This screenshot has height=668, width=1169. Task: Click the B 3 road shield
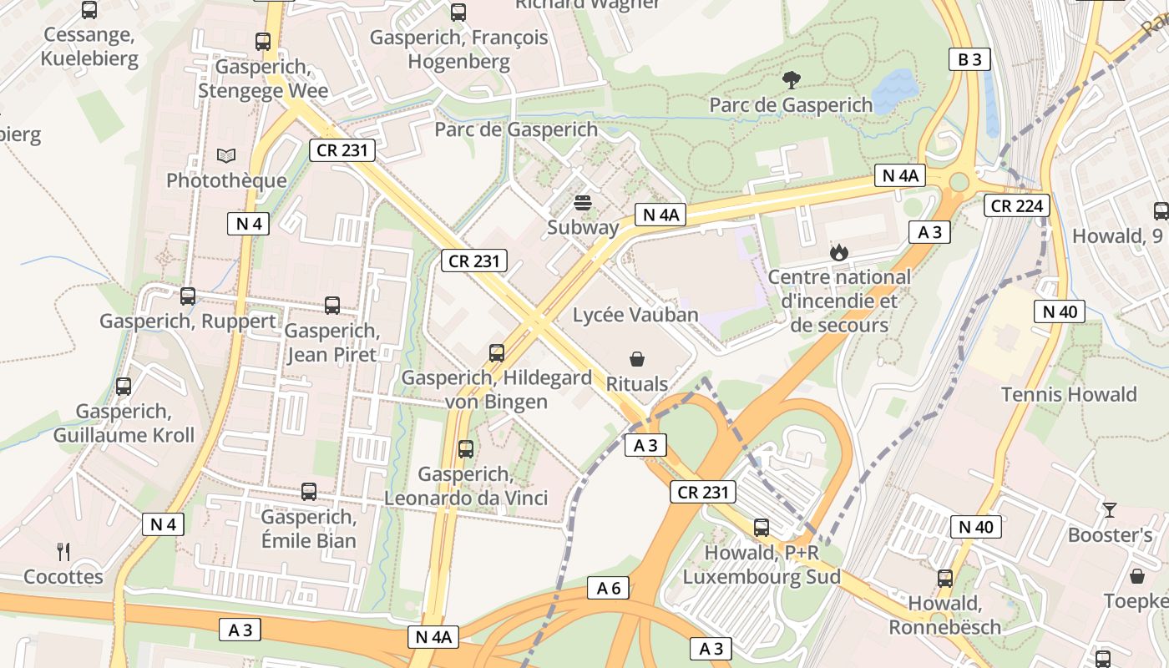(969, 59)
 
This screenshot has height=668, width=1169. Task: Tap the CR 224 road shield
(1015, 205)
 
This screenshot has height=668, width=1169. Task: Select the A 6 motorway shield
(608, 588)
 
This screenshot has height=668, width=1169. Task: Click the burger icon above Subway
(583, 202)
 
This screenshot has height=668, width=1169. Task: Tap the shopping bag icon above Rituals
(637, 359)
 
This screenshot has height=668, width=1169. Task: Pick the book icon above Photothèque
(225, 155)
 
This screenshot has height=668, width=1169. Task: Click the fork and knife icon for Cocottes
(63, 551)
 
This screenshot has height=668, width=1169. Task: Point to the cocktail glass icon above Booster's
(1110, 509)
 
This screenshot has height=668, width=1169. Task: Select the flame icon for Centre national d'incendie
(838, 251)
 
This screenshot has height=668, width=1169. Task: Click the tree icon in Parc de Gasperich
(791, 80)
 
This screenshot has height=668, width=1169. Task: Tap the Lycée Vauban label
(635, 315)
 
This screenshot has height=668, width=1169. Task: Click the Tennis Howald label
(1069, 394)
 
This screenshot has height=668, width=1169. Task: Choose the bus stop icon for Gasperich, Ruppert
(188, 296)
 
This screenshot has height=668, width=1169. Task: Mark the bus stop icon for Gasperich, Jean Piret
(332, 306)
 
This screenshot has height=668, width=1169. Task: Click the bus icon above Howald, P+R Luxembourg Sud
(761, 527)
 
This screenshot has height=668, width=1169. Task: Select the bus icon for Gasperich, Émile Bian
(309, 492)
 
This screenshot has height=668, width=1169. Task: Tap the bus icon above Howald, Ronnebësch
(944, 578)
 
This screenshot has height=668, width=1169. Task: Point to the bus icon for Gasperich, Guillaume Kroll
(124, 387)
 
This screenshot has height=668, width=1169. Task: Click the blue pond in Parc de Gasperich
(894, 87)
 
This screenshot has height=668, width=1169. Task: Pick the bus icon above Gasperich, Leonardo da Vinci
(466, 449)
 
